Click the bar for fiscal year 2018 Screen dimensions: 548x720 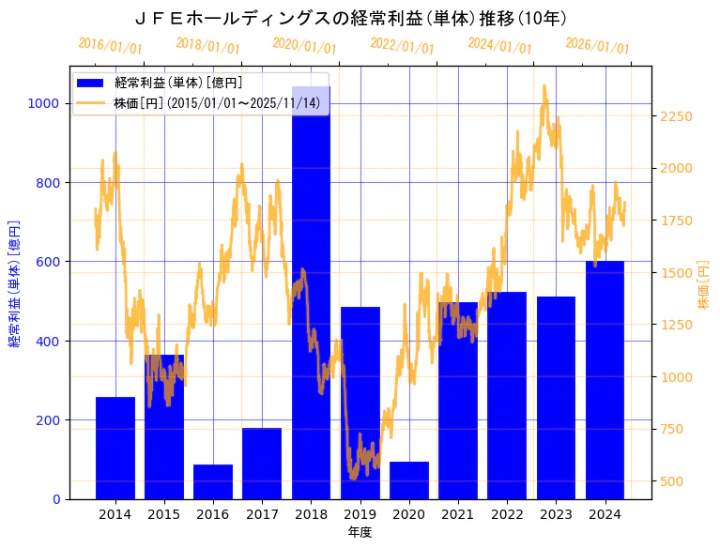(x=311, y=300)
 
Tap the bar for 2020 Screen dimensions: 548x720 (x=409, y=479)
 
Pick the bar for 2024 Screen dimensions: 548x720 (x=605, y=380)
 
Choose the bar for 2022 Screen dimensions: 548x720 (x=507, y=395)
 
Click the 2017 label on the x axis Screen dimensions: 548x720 (x=262, y=514)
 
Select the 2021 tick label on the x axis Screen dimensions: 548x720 (x=458, y=514)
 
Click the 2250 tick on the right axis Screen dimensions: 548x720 (x=677, y=116)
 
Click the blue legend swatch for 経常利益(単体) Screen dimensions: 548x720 (x=92, y=83)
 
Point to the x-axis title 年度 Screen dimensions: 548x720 (x=360, y=532)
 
